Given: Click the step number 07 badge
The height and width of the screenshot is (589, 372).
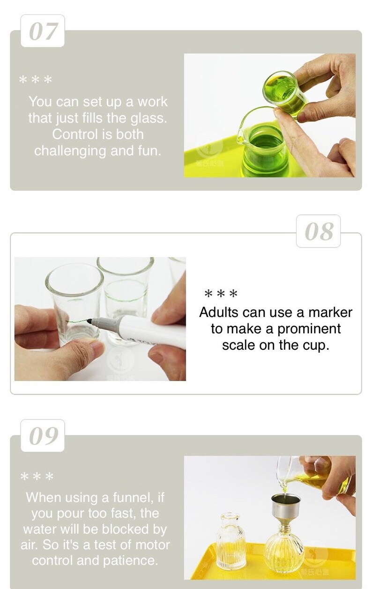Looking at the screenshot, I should coord(43,31).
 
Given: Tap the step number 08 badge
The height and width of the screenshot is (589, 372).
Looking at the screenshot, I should coord(319,231).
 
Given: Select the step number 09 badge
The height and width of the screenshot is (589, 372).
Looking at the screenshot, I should coord(43,436).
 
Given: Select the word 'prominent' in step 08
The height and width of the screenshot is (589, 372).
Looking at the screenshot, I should coord(309,329).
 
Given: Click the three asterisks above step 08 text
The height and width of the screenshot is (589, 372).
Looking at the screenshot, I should coord(221,294).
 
